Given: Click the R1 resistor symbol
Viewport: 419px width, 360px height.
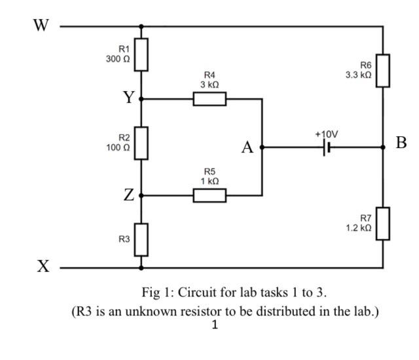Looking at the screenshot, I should tap(141, 54).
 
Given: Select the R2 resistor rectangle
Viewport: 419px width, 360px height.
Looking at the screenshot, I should tap(141, 143).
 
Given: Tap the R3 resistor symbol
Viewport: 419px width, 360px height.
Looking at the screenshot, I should tap(141, 239).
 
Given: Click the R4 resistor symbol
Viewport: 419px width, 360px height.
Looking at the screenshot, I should tap(209, 99).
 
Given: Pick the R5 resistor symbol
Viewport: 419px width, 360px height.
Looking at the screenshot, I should tap(209, 195).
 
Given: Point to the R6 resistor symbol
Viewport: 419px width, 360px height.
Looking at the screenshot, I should tap(383, 71).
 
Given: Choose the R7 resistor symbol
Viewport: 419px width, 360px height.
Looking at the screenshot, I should tap(383, 223).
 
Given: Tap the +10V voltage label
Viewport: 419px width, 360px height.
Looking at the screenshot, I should tap(326, 134).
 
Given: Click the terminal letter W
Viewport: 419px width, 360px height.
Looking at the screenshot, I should tap(41, 26).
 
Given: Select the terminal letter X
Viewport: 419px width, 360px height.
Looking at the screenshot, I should tap(43, 267).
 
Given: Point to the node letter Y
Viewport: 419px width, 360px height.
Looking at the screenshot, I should tap(129, 98).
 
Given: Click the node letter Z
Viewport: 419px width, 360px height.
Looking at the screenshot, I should tap(129, 195).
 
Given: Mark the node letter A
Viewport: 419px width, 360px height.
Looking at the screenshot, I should tap(247, 148).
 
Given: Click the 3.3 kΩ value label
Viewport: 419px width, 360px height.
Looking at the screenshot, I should tap(359, 75).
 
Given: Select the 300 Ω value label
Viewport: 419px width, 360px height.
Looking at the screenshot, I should tap(118, 59).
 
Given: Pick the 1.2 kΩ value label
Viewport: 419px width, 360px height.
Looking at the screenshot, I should tap(359, 228).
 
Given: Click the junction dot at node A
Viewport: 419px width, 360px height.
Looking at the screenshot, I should tap(262, 147).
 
